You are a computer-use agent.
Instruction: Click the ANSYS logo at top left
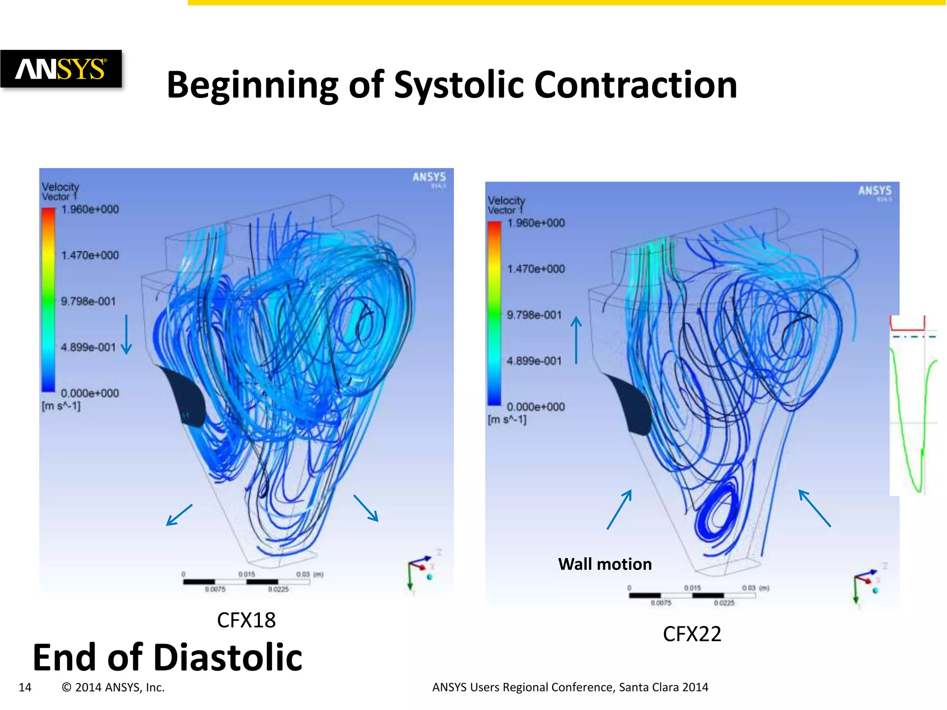(61, 69)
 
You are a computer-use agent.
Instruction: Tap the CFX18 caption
(246, 620)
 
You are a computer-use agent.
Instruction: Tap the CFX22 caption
(692, 634)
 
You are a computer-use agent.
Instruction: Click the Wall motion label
(605, 564)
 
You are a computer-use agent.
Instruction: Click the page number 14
(25, 687)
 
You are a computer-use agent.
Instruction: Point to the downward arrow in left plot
(126, 335)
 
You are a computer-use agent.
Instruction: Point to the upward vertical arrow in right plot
(576, 340)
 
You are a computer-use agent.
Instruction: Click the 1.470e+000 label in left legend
(90, 255)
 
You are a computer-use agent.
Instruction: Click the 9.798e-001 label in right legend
(534, 315)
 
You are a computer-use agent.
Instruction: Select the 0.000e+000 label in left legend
(90, 393)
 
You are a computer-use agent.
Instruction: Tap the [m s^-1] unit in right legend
(507, 420)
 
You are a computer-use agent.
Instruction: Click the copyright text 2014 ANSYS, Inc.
(113, 687)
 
